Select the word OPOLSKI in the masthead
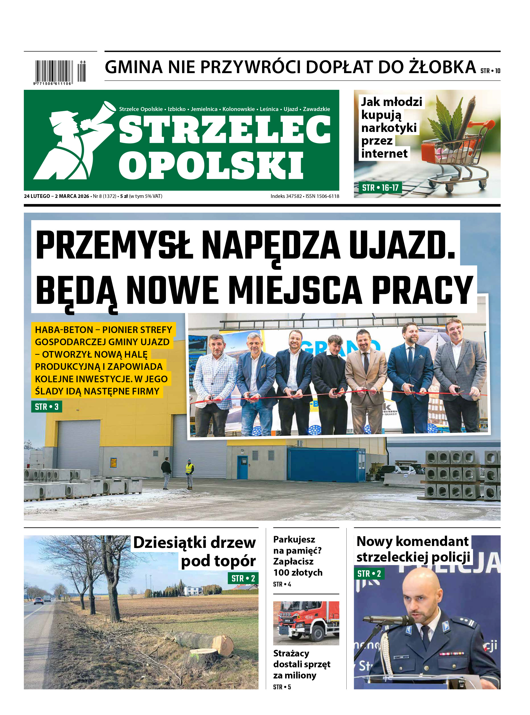coord(211,166)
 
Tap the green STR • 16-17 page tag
coord(380,188)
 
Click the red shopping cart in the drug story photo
coord(449,154)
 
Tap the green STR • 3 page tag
coord(47,407)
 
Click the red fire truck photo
coord(306,622)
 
